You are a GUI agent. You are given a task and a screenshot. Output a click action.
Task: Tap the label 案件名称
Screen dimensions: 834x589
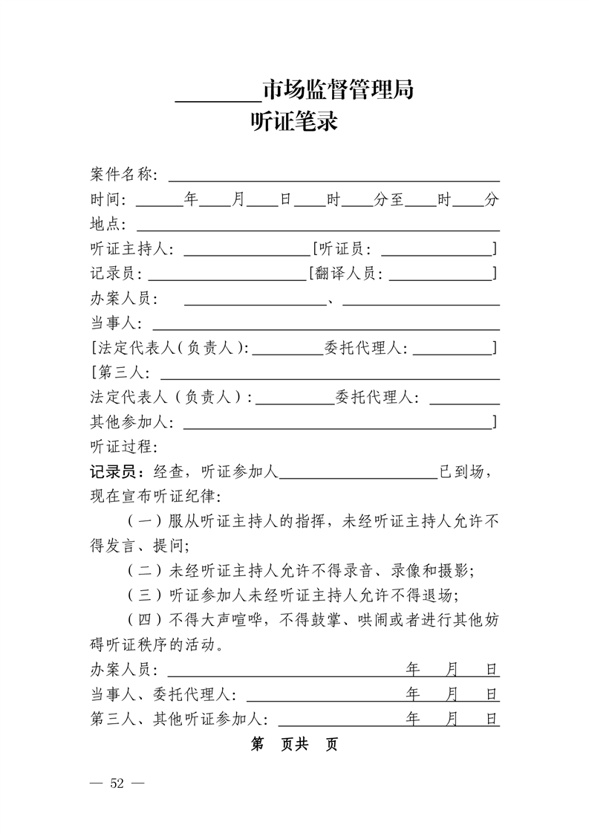click(x=120, y=175)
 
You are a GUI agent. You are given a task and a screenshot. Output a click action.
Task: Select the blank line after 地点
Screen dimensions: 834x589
click(x=317, y=227)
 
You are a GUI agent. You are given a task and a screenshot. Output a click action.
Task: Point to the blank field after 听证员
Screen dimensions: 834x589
click(x=435, y=253)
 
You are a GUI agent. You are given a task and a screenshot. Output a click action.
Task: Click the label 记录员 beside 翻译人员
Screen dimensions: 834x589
click(x=112, y=274)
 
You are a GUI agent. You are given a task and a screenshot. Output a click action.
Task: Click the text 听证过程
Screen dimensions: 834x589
click(x=120, y=447)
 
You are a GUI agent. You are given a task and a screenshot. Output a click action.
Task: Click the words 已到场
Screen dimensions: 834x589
click(x=463, y=471)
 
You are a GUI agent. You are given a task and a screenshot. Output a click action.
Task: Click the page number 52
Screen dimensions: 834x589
click(x=117, y=783)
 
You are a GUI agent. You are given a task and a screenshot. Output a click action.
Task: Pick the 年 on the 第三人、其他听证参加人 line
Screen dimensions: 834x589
click(x=414, y=719)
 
